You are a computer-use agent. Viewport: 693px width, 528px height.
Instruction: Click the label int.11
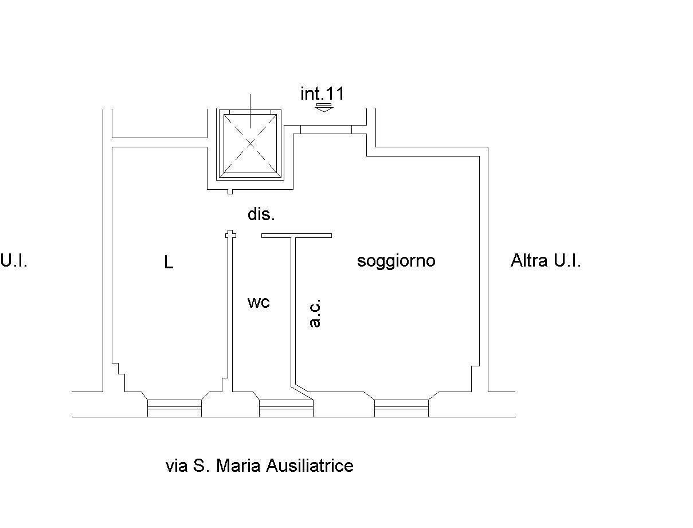click(x=323, y=93)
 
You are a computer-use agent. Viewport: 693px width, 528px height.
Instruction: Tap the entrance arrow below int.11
click(x=324, y=107)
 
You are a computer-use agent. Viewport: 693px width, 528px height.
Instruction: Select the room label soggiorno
click(x=396, y=261)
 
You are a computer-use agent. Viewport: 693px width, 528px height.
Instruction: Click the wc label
click(x=259, y=302)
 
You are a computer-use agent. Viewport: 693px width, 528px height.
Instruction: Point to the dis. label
click(x=261, y=215)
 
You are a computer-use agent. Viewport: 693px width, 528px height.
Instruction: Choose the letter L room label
click(x=169, y=263)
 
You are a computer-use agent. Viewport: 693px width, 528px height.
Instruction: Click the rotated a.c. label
click(x=315, y=313)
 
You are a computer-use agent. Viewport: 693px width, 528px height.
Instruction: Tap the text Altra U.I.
click(x=546, y=261)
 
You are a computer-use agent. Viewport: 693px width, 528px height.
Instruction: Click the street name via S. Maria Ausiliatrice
click(x=259, y=466)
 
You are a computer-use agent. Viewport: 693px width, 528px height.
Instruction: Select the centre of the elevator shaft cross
click(x=250, y=143)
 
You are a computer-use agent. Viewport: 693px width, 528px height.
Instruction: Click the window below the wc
click(x=287, y=408)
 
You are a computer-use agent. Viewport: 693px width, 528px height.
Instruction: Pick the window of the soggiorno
click(x=401, y=408)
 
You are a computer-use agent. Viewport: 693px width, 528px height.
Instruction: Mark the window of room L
click(x=174, y=408)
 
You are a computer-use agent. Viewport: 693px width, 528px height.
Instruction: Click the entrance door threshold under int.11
click(x=326, y=130)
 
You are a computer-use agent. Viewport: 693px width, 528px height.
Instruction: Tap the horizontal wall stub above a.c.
click(x=296, y=235)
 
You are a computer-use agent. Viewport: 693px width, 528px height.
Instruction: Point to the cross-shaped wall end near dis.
click(x=230, y=234)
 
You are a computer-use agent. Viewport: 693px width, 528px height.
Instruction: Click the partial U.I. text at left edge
click(x=14, y=261)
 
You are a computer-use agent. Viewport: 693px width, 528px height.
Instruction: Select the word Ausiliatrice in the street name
click(x=310, y=466)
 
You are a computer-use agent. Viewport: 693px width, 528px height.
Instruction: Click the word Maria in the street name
click(x=239, y=466)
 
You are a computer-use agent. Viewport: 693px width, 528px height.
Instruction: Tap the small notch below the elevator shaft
click(x=230, y=191)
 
